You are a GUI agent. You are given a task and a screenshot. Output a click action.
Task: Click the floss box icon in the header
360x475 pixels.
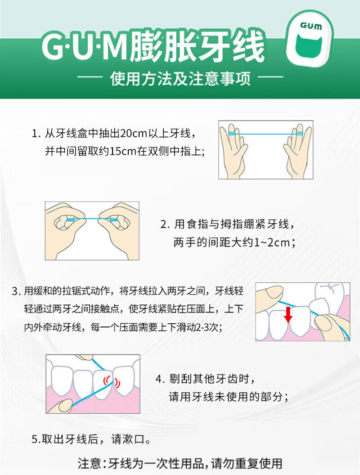tap(310, 40)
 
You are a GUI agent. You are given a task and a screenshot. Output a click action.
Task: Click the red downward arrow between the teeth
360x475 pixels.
tap(288, 314)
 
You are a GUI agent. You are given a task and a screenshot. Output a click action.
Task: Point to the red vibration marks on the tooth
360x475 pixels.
tap(111, 381)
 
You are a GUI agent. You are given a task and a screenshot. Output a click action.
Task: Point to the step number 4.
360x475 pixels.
tap(158, 379)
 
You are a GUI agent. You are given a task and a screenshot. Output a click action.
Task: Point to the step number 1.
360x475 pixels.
tap(35, 134)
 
